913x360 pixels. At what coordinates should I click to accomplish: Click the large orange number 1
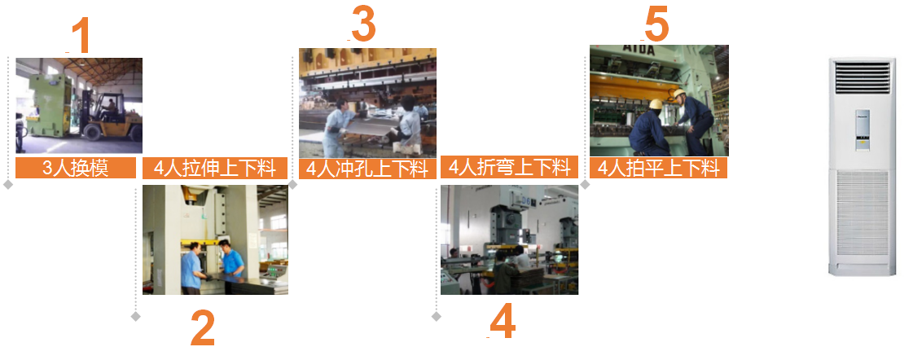81,35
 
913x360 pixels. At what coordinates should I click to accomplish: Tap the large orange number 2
203,328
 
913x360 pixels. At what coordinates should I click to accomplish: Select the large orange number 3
363,24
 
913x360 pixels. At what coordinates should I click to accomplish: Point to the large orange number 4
503,320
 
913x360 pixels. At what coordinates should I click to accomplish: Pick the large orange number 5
656,24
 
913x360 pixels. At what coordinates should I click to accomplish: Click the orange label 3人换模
76,168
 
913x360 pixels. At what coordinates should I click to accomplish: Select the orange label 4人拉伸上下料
215,168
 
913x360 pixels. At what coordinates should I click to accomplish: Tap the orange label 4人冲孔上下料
367,169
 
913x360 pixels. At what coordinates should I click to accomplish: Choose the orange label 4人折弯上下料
510,167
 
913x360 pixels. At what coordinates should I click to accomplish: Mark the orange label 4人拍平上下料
659,168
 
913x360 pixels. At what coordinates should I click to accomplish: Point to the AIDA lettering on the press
639,50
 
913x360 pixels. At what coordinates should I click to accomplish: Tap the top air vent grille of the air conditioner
863,78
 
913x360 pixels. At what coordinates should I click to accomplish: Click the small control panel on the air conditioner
863,130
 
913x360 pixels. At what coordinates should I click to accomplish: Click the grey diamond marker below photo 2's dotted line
136,316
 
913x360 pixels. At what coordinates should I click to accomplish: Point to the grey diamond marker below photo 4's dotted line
436,316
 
